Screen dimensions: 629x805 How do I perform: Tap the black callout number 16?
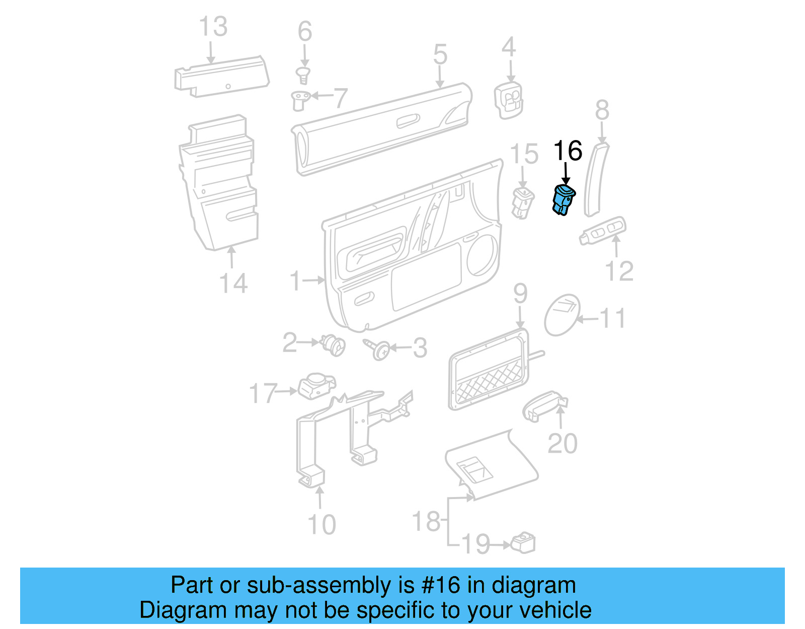point(568,151)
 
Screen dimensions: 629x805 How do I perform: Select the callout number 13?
point(213,27)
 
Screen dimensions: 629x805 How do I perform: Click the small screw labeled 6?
point(303,76)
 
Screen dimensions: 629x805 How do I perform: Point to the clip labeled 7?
point(300,100)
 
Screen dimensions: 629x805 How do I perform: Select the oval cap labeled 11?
point(562,315)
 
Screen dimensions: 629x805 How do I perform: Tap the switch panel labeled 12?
point(603,231)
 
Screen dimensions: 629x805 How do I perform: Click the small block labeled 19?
point(523,543)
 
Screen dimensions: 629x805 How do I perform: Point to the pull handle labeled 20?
point(543,405)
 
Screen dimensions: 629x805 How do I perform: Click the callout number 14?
point(233,284)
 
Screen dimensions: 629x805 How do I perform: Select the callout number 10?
point(321,525)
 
